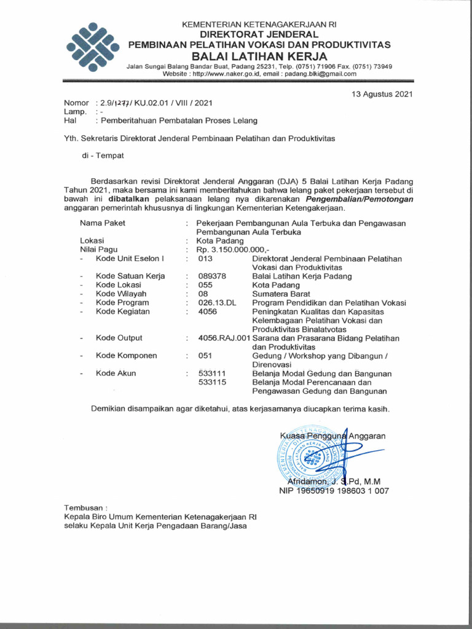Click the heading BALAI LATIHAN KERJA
click(253, 57)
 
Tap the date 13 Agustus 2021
click(382, 94)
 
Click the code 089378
click(212, 276)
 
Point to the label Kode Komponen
click(126, 356)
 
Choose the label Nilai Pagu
click(98, 250)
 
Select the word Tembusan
click(85, 508)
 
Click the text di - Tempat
click(103, 155)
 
